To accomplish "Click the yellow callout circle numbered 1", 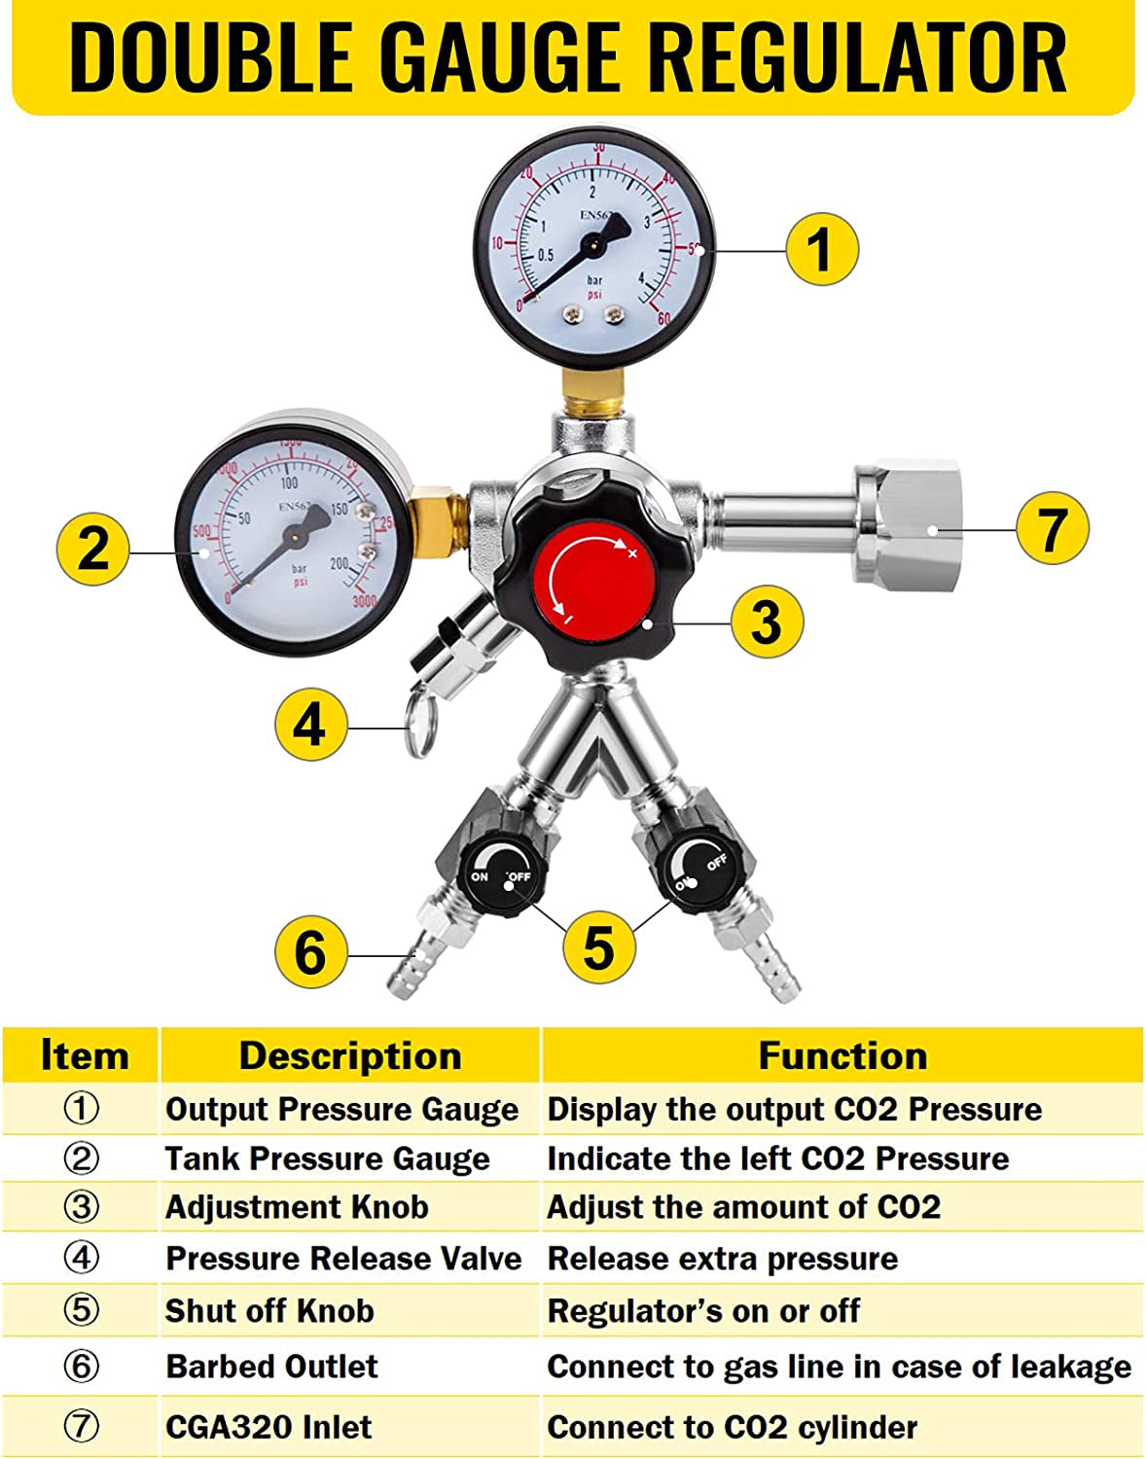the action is coord(822,249).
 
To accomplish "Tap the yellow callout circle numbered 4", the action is coord(311,726).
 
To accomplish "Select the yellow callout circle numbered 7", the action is coord(1052,528).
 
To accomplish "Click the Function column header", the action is coord(842,1056).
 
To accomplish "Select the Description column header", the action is coord(350,1056).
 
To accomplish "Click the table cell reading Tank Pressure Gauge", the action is coord(328,1158).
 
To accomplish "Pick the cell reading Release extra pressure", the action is coord(723,1259).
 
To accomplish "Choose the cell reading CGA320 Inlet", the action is coord(269,1427).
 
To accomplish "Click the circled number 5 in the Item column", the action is coord(82,1310).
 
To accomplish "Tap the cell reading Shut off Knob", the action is coord(269,1310).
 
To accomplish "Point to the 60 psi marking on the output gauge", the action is coord(663,318).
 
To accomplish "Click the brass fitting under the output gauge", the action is coord(593,390).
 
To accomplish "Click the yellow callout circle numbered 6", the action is coord(311,952).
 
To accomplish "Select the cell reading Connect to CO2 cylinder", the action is coord(733,1427).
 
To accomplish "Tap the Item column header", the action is coord(85,1056).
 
